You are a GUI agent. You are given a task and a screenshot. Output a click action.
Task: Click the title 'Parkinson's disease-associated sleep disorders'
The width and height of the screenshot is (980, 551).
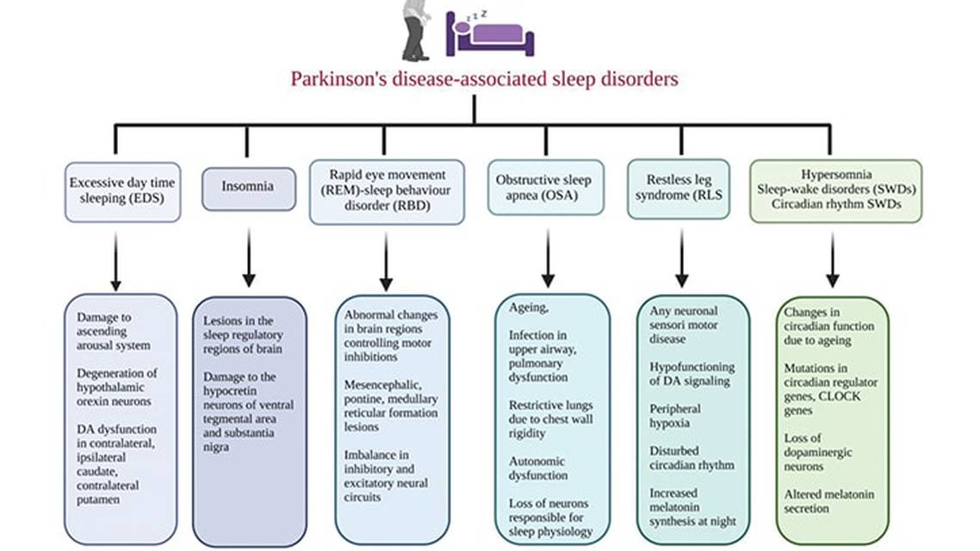tap(483, 79)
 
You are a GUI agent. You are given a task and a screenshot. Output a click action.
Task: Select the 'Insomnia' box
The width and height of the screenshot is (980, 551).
tap(248, 187)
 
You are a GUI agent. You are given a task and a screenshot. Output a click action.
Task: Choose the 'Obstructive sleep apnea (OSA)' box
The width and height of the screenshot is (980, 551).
tap(543, 187)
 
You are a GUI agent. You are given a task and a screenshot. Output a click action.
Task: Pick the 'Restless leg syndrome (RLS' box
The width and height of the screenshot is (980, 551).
tap(678, 187)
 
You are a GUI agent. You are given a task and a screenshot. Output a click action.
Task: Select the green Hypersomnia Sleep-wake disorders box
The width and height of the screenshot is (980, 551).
tap(834, 190)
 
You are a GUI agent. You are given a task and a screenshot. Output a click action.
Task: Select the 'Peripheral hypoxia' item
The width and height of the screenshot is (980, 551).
tap(675, 417)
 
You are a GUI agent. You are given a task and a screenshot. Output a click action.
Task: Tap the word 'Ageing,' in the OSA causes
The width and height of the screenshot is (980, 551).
tap(525, 307)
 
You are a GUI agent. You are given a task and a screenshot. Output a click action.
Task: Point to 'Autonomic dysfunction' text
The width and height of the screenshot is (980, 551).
tap(538, 468)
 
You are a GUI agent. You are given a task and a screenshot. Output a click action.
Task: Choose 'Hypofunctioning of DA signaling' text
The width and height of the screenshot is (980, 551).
tap(692, 374)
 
